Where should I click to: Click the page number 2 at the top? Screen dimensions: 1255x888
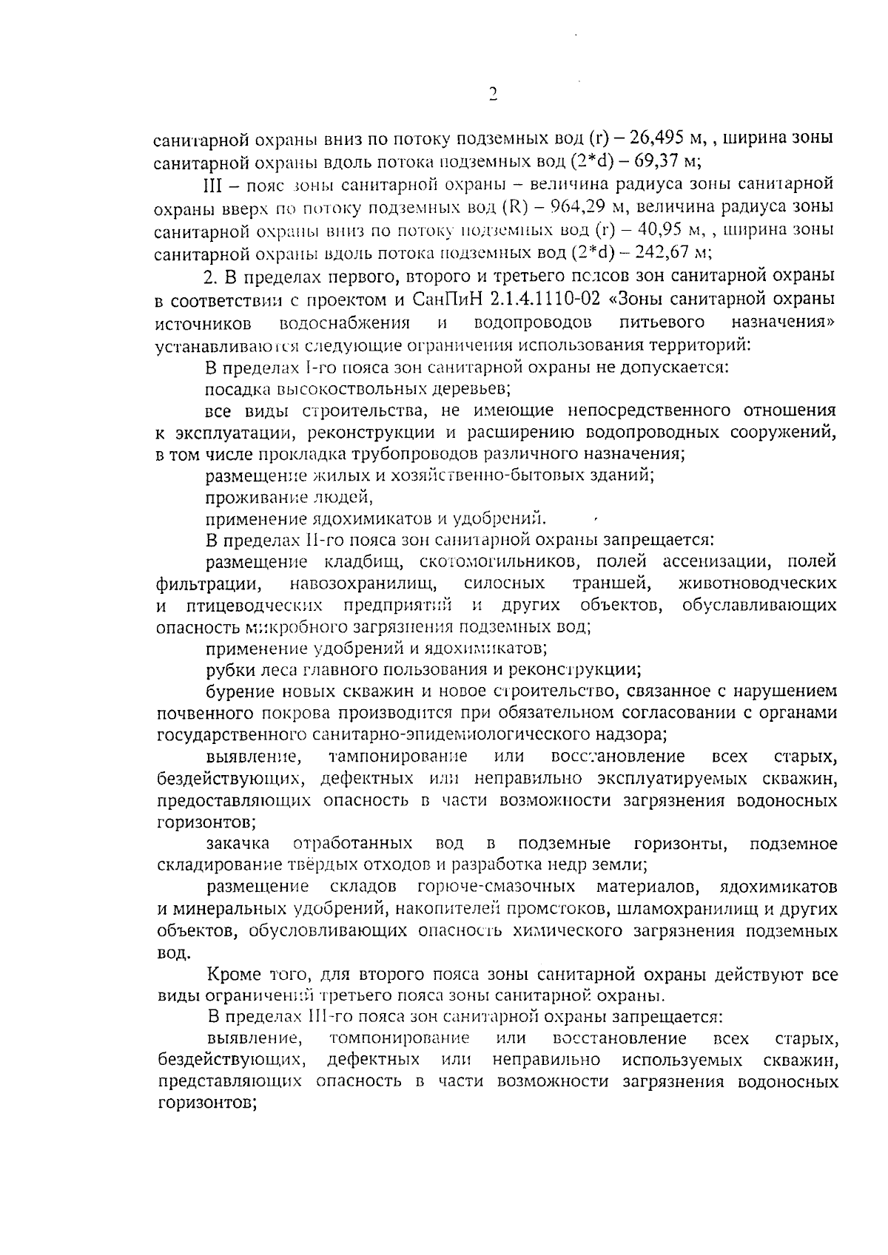pos(493,94)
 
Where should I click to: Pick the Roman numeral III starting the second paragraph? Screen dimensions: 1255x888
pos(213,183)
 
